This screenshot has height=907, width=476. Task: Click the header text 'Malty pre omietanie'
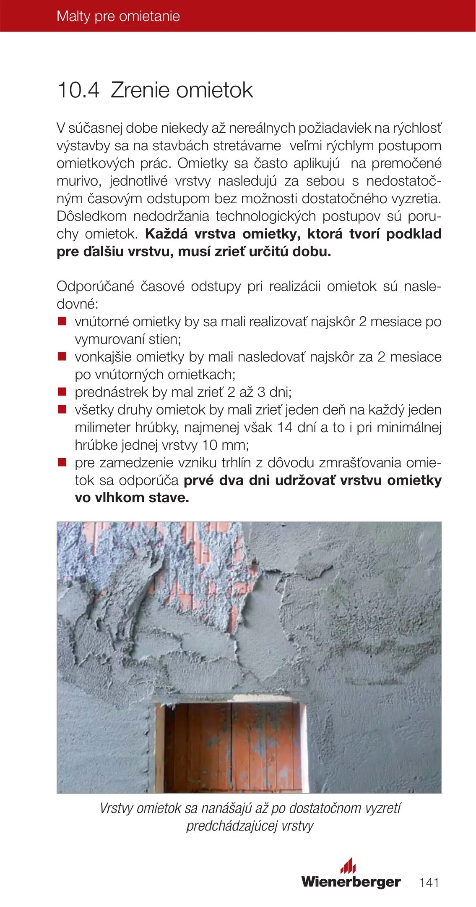pyautogui.click(x=118, y=16)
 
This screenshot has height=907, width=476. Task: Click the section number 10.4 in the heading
pyautogui.click(x=78, y=90)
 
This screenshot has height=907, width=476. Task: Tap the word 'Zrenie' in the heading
pyautogui.click(x=140, y=90)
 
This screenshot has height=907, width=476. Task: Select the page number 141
pyautogui.click(x=429, y=882)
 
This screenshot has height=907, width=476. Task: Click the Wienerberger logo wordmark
pyautogui.click(x=351, y=882)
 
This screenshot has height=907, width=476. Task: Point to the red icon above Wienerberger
pyautogui.click(x=348, y=866)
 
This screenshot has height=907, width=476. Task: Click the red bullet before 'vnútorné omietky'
pyautogui.click(x=62, y=322)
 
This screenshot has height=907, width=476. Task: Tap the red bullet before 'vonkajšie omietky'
pyautogui.click(x=62, y=357)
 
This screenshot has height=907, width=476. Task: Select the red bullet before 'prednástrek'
pyautogui.click(x=62, y=392)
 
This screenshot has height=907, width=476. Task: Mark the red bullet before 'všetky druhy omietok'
pyautogui.click(x=62, y=410)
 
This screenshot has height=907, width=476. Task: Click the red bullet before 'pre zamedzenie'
pyautogui.click(x=62, y=463)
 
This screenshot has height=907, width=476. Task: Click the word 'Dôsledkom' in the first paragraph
pyautogui.click(x=91, y=216)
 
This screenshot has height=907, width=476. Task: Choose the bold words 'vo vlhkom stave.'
pyautogui.click(x=132, y=498)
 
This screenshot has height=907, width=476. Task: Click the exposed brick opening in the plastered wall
pyautogui.click(x=232, y=748)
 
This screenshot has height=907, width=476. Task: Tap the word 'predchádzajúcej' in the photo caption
pyautogui.click(x=232, y=826)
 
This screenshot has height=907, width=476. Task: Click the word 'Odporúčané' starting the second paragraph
pyautogui.click(x=95, y=286)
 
